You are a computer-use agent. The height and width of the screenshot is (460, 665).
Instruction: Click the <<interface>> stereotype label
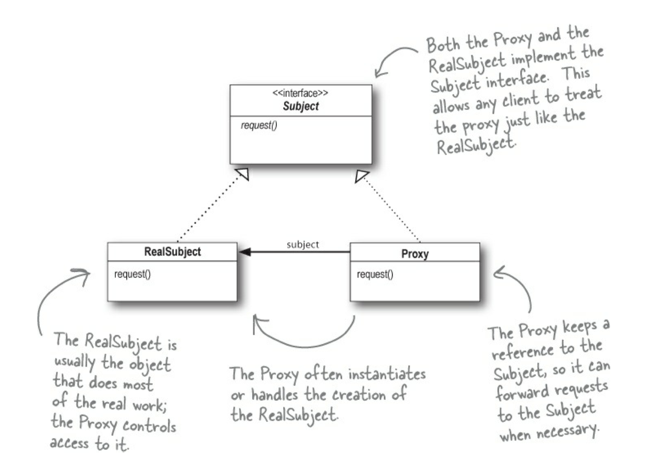tap(300, 93)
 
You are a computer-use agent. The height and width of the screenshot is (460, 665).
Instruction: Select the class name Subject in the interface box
tap(301, 106)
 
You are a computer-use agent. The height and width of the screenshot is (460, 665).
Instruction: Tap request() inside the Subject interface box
tap(259, 126)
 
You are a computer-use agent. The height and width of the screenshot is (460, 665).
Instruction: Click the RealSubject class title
tap(172, 252)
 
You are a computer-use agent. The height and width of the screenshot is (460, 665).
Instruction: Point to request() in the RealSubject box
tap(132, 274)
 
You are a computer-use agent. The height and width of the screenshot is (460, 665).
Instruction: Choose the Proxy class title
tap(415, 254)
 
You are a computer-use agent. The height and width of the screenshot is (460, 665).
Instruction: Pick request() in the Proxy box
tap(375, 274)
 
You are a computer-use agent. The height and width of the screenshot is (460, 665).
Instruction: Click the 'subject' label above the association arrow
tap(303, 244)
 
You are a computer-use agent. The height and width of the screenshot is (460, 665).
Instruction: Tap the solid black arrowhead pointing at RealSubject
tap(245, 252)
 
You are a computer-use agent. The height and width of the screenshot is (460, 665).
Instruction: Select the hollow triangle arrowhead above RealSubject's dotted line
tap(242, 173)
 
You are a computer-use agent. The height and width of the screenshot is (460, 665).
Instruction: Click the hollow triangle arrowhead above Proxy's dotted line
tap(361, 176)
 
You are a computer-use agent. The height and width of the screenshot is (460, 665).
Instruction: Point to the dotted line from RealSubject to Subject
tap(208, 208)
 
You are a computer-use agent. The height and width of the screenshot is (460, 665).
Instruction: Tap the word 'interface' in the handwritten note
tap(516, 79)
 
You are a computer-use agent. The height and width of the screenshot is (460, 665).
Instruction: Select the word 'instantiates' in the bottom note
tap(387, 374)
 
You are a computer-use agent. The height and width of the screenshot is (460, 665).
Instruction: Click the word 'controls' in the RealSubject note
tap(149, 426)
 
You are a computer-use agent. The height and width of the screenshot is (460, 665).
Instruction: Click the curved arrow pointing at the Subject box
tap(392, 58)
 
